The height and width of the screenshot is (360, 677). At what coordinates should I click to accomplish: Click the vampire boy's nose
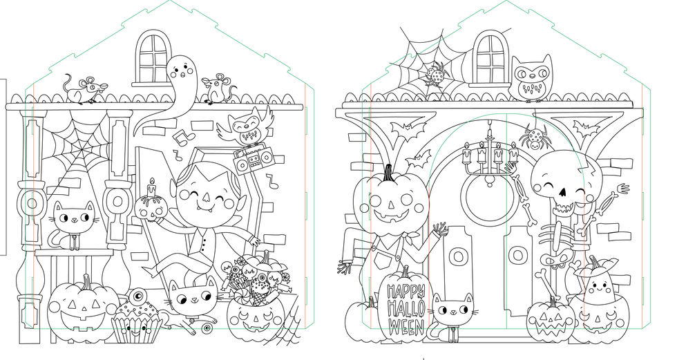pos(206,198)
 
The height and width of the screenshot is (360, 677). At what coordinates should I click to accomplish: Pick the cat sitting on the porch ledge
pos(73,225)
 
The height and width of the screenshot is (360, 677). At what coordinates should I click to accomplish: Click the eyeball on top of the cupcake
pos(137,296)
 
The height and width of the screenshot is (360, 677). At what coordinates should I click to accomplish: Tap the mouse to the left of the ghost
pos(84,89)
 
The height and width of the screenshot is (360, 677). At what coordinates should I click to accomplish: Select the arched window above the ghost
pos(153,57)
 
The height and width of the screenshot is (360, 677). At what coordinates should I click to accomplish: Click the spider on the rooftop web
pos(437,75)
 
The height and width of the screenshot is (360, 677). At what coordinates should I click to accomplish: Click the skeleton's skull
pos(559,181)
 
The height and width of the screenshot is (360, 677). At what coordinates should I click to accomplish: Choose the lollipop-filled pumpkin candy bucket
pos(256,302)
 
